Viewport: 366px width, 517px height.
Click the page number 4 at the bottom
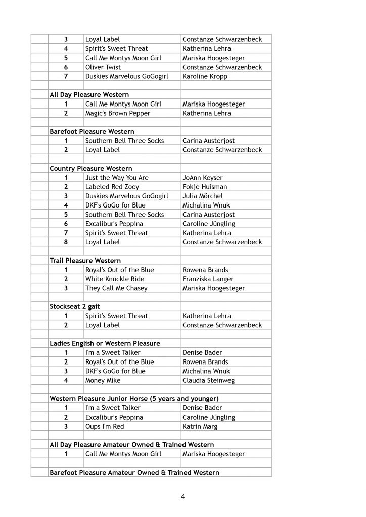tap(182, 497)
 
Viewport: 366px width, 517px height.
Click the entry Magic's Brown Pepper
tap(117, 113)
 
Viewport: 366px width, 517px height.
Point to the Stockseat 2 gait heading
tap(74, 306)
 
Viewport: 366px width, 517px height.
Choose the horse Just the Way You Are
tap(117, 178)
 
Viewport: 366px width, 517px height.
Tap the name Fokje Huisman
tap(205, 187)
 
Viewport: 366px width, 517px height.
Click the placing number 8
tap(66, 242)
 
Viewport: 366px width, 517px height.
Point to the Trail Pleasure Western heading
tap(85, 261)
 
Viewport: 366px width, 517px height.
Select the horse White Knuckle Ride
tap(114, 279)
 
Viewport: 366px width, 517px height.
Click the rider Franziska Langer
tap(207, 279)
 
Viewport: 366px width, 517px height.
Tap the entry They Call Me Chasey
tap(116, 288)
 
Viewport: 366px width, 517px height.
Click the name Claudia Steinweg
tap(208, 380)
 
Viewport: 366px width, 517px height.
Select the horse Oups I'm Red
tap(104, 426)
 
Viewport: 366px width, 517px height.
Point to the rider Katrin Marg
tap(200, 426)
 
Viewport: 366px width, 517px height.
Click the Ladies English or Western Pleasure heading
tap(105, 343)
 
